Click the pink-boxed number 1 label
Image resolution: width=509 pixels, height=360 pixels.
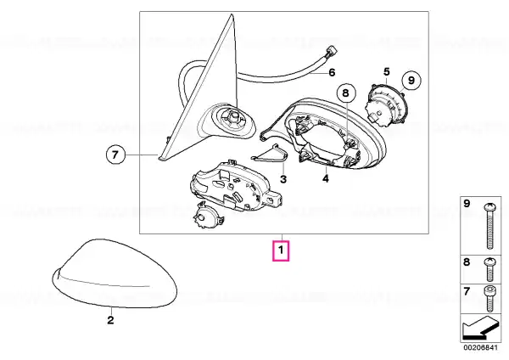281,250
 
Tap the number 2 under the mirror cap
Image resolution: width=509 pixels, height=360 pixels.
110,320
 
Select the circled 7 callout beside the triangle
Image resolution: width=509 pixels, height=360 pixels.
115,155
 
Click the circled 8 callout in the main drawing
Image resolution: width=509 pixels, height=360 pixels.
346,93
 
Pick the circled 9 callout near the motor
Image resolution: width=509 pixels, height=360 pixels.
411,80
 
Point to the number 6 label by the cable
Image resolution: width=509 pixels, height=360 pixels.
332,72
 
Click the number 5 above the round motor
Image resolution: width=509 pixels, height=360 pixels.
386,71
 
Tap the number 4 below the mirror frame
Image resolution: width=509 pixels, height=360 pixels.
326,178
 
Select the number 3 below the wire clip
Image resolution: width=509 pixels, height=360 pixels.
283,178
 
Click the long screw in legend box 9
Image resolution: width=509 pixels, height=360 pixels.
489,226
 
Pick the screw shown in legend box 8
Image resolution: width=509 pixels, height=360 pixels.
489,269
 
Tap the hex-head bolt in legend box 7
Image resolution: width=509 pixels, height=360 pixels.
489,299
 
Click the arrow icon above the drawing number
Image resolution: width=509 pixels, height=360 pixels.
480,328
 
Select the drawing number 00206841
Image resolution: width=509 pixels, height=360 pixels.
480,347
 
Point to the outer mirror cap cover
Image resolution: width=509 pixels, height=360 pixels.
115,273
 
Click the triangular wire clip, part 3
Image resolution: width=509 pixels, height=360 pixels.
271,153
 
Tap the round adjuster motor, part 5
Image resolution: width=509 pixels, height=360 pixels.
386,104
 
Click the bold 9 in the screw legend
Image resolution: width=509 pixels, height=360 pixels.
467,204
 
